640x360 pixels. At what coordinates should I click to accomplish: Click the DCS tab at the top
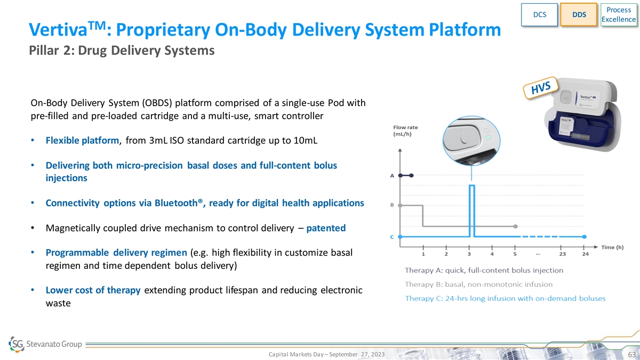click(539, 15)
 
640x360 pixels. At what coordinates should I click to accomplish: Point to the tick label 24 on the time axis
click(585, 254)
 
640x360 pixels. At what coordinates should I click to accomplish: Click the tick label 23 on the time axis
click(562, 254)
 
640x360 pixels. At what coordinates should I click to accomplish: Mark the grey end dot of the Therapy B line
click(516, 226)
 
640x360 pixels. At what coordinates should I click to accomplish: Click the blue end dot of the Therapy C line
click(585, 236)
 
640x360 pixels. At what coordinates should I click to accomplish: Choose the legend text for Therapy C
click(505, 298)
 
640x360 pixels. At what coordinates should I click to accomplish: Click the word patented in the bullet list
click(326, 228)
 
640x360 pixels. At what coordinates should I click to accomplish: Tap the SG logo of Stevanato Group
click(17, 344)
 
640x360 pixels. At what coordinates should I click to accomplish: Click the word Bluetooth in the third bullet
click(177, 203)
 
